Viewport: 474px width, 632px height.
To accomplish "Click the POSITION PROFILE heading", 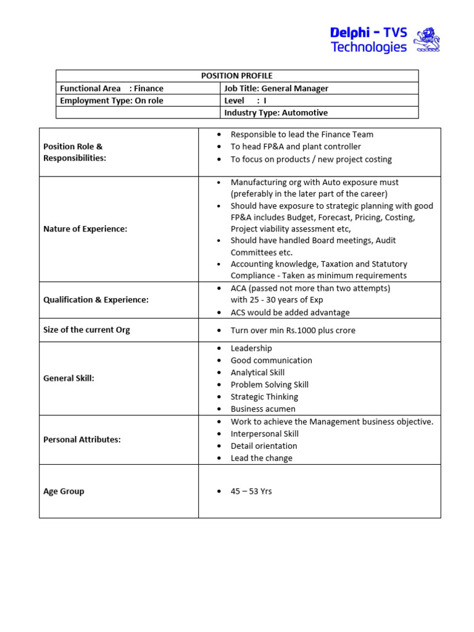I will point(237,76).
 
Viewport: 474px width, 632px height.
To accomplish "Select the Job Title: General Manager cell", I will point(276,88).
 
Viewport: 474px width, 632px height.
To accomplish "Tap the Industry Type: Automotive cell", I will point(276,112).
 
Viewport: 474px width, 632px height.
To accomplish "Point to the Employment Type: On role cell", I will point(112,101).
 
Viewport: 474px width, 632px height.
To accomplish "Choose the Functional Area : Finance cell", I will point(112,88).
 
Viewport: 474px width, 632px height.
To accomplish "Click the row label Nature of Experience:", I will point(85,229).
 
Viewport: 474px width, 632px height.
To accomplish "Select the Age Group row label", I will point(64,491).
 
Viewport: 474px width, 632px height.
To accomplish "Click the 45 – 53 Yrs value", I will point(251,491).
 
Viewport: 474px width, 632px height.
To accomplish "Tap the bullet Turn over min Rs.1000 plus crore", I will point(293,330).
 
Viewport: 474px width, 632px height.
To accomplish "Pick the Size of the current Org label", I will point(86,330).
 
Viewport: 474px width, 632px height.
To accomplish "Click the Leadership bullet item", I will point(251,348).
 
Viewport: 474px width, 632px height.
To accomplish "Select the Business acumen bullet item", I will point(263,409).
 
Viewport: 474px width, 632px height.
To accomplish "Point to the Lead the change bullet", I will point(261,458).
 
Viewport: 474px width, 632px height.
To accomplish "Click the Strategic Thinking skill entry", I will point(264,397).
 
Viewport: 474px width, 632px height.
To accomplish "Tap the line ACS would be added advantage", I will point(290,312).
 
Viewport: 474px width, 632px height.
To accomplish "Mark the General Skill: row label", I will point(69,378).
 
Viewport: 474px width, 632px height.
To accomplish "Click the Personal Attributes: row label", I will point(82,439).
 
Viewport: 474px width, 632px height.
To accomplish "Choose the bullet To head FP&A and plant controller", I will point(296,146).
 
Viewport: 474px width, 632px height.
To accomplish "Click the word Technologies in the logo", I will point(368,48).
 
